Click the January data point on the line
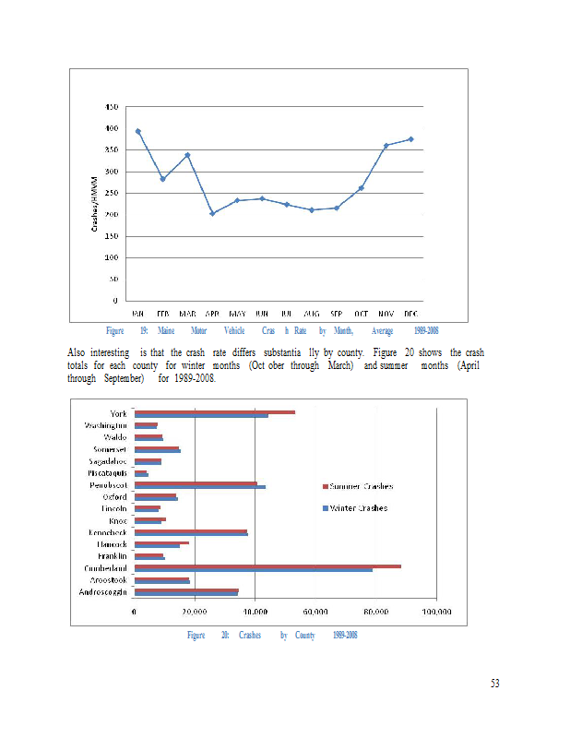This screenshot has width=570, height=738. [138, 131]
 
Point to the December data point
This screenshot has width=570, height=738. [410, 139]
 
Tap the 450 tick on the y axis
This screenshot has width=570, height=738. [111, 107]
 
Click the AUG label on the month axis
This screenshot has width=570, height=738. [312, 314]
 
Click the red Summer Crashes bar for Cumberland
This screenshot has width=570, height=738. [267, 566]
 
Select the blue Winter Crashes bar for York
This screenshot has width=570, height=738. [201, 416]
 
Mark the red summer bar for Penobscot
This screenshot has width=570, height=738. [196, 482]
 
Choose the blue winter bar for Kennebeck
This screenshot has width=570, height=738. [191, 534]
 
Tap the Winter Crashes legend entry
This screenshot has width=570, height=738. [356, 507]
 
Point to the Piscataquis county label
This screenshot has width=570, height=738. [107, 472]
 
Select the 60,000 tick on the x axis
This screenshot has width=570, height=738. [315, 612]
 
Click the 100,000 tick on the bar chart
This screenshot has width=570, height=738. [436, 612]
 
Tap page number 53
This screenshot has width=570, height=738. [494, 684]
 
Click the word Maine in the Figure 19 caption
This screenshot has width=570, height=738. [167, 330]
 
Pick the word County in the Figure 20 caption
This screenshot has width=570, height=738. [306, 636]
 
